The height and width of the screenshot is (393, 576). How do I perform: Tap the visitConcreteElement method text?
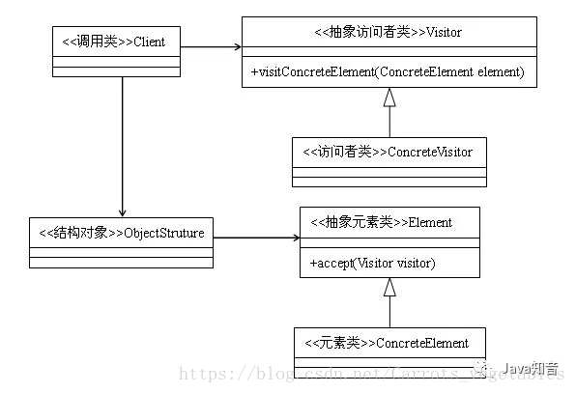387,71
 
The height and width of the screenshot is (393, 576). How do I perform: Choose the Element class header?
389,222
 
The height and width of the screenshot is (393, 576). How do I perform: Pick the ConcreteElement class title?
389,343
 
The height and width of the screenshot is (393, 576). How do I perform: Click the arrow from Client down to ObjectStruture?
123,145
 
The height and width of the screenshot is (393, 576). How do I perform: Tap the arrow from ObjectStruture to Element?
256,238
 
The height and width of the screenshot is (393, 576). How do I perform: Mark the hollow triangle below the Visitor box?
389,96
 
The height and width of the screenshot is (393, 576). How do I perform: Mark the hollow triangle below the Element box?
389,286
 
